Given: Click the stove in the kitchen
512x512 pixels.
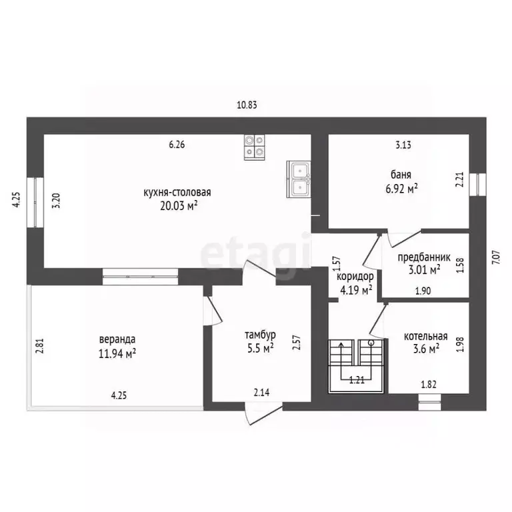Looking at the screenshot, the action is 255,147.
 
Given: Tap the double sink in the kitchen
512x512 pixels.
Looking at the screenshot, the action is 299,179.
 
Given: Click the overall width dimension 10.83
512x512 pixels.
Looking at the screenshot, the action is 247,105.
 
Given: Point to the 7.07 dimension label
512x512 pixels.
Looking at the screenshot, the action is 496,257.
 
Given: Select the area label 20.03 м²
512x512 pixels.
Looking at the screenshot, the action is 179,206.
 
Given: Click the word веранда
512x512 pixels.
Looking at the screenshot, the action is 117,339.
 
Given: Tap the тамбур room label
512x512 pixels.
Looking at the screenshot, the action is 260,335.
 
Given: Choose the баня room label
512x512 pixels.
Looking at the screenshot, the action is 401,175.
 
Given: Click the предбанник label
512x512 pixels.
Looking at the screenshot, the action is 424,257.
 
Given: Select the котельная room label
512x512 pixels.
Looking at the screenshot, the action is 426,336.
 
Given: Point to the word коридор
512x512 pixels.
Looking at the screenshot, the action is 355,277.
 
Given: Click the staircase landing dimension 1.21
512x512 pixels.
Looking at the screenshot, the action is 357,380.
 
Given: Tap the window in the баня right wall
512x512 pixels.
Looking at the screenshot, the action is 478,185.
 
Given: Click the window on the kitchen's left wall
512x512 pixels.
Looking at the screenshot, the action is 35,203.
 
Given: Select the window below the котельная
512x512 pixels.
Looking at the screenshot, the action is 430,402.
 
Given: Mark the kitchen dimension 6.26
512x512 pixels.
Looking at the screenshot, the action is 177,144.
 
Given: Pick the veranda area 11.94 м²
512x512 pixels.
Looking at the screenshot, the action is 117,353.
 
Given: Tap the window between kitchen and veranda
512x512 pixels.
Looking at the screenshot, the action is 141,277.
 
